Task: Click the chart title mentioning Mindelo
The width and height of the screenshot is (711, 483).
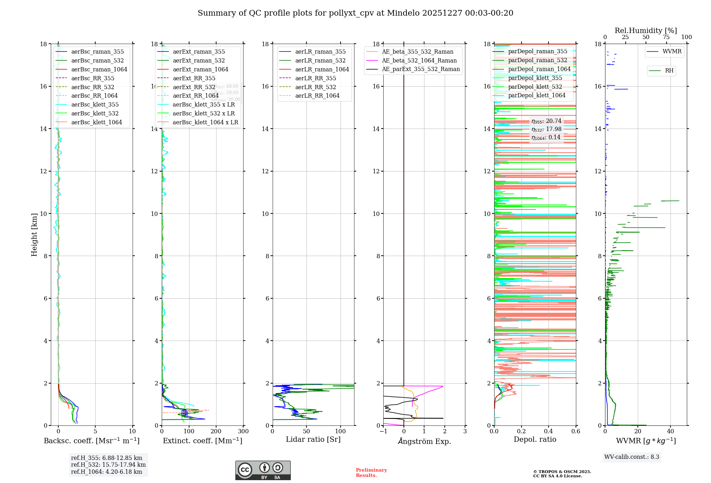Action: click(355, 13)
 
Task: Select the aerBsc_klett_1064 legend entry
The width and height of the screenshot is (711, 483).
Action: click(96, 122)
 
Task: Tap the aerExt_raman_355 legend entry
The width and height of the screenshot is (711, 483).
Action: click(199, 52)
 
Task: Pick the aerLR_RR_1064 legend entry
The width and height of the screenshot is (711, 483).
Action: click(317, 96)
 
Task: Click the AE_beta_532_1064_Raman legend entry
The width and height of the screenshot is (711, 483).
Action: click(419, 60)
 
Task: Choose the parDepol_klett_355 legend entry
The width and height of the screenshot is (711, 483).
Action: click(535, 78)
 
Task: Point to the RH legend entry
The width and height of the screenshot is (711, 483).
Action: click(669, 71)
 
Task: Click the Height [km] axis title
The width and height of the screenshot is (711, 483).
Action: click(34, 234)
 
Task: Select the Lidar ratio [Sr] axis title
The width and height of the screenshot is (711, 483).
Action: click(313, 439)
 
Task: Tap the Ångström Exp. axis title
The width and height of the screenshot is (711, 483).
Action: click(424, 441)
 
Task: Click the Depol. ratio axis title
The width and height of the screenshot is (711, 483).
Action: click(535, 439)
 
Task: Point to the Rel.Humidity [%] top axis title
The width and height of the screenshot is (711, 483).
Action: click(646, 31)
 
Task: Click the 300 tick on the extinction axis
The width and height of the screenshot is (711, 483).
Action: click(244, 432)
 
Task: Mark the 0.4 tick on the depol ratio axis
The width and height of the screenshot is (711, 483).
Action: click(549, 432)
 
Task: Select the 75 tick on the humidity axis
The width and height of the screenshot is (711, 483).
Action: click(666, 37)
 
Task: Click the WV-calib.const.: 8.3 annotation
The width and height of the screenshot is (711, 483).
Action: click(632, 457)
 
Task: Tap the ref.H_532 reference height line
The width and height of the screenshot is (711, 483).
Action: click(108, 465)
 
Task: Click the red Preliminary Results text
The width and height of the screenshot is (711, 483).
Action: click(371, 473)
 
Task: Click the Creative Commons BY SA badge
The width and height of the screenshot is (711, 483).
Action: click(263, 471)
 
